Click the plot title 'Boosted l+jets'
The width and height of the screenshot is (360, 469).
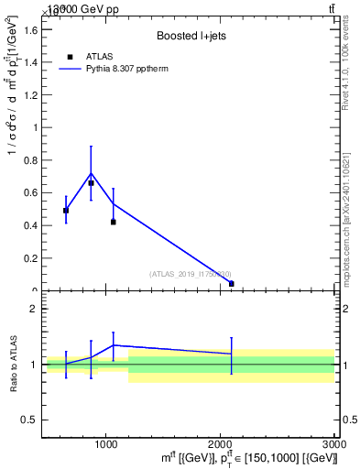coord(191,36)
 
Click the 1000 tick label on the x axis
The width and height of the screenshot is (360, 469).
coord(106,444)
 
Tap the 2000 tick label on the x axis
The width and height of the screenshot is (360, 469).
coord(221,444)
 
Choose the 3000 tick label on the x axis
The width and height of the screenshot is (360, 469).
coord(333,444)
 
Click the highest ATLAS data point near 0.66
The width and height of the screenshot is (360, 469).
coord(91,183)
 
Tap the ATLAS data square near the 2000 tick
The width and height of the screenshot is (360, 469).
coord(231,284)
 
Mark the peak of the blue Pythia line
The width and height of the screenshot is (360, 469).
coord(91,173)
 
